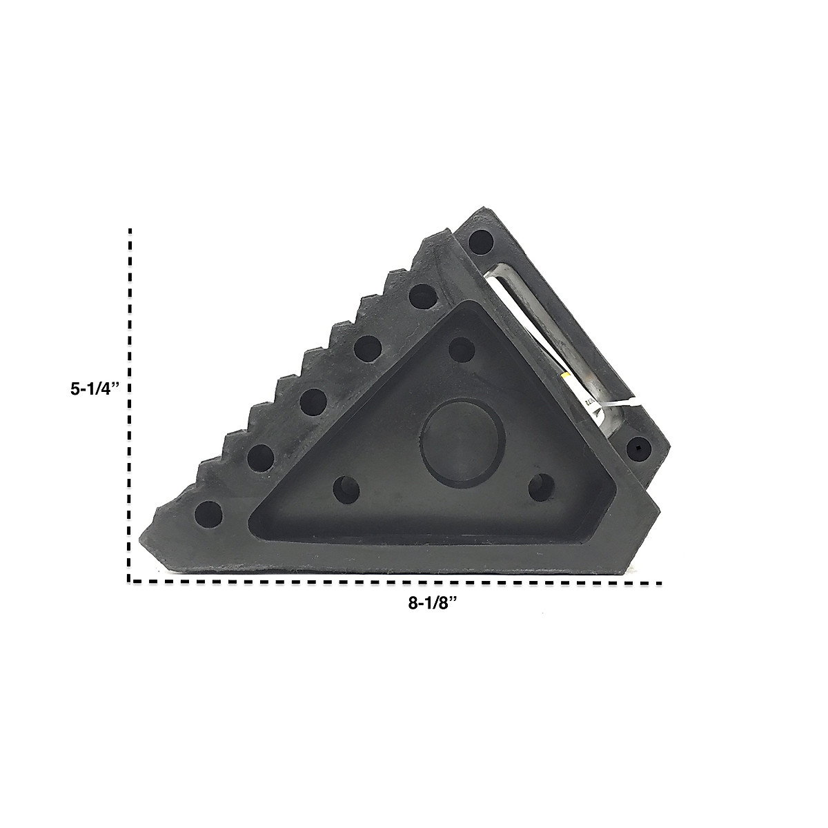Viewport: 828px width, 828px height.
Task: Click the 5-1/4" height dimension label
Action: tap(94, 389)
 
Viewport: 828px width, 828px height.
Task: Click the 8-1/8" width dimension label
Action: tap(431, 603)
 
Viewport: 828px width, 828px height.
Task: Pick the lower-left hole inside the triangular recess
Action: tap(346, 489)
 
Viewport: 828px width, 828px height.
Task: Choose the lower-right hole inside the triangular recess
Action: tap(541, 487)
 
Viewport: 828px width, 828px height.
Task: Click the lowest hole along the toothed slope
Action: tap(208, 515)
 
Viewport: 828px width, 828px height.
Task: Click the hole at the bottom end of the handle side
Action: tap(639, 449)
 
